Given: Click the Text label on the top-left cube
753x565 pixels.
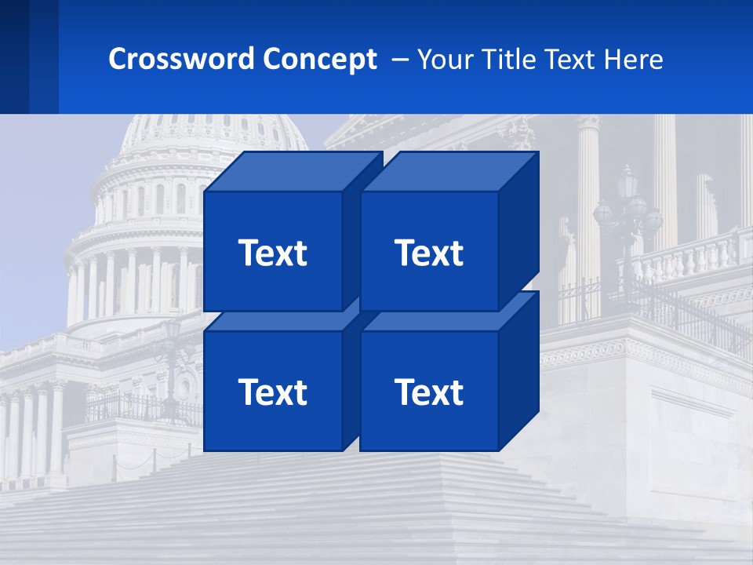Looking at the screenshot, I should coord(272,253).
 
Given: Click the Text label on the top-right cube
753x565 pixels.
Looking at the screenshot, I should coord(429,253).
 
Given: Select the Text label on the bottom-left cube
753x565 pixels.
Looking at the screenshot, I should coord(272,392).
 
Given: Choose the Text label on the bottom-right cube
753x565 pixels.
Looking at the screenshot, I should coord(429,392).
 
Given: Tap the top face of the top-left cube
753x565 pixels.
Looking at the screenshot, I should coord(293,172).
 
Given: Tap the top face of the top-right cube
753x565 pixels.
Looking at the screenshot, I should coord(449,172).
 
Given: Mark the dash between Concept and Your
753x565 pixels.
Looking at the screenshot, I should coord(398,60).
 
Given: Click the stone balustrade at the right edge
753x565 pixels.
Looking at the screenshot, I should coord(690,259).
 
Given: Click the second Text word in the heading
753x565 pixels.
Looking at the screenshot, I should coord(573,59).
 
